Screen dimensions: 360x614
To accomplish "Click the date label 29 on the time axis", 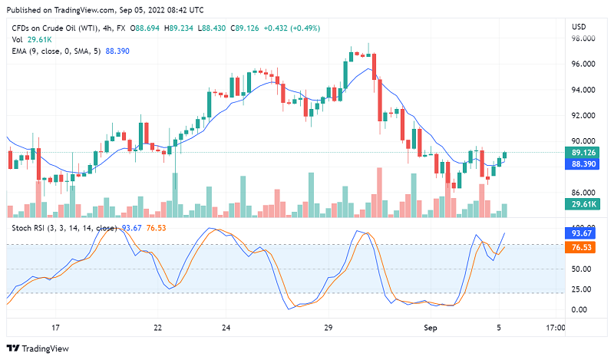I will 328,328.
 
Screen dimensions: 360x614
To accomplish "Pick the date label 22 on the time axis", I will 157,328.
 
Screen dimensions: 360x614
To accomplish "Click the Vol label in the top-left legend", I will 17,39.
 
